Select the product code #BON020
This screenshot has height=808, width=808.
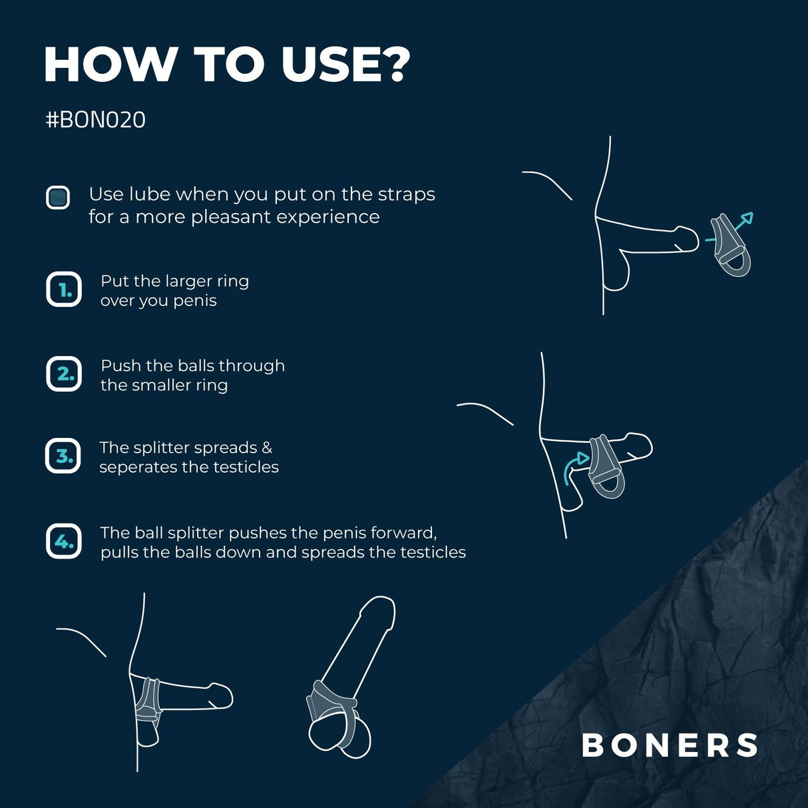95,120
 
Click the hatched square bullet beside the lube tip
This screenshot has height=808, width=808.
58,198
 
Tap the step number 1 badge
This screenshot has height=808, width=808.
64,290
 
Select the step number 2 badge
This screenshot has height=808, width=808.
64,374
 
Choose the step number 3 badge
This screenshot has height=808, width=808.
63,456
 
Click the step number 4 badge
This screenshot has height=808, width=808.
64,541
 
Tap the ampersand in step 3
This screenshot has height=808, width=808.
267,448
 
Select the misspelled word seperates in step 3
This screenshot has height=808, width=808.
138,467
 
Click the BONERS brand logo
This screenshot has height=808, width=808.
670,745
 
